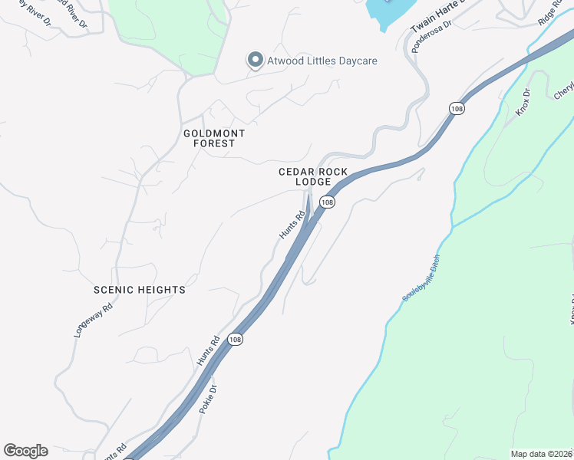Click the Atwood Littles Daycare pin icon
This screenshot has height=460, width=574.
click(255, 60)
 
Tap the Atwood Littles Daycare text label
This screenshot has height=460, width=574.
click(322, 61)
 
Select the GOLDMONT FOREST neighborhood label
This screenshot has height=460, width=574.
click(214, 138)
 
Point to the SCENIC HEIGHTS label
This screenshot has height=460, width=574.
click(140, 290)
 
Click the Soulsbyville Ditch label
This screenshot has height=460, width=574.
click(421, 278)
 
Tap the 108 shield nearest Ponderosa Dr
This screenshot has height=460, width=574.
click(457, 109)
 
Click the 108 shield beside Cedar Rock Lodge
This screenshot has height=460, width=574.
click(328, 202)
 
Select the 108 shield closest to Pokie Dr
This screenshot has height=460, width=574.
click(236, 340)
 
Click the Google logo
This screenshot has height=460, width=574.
click(25, 451)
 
